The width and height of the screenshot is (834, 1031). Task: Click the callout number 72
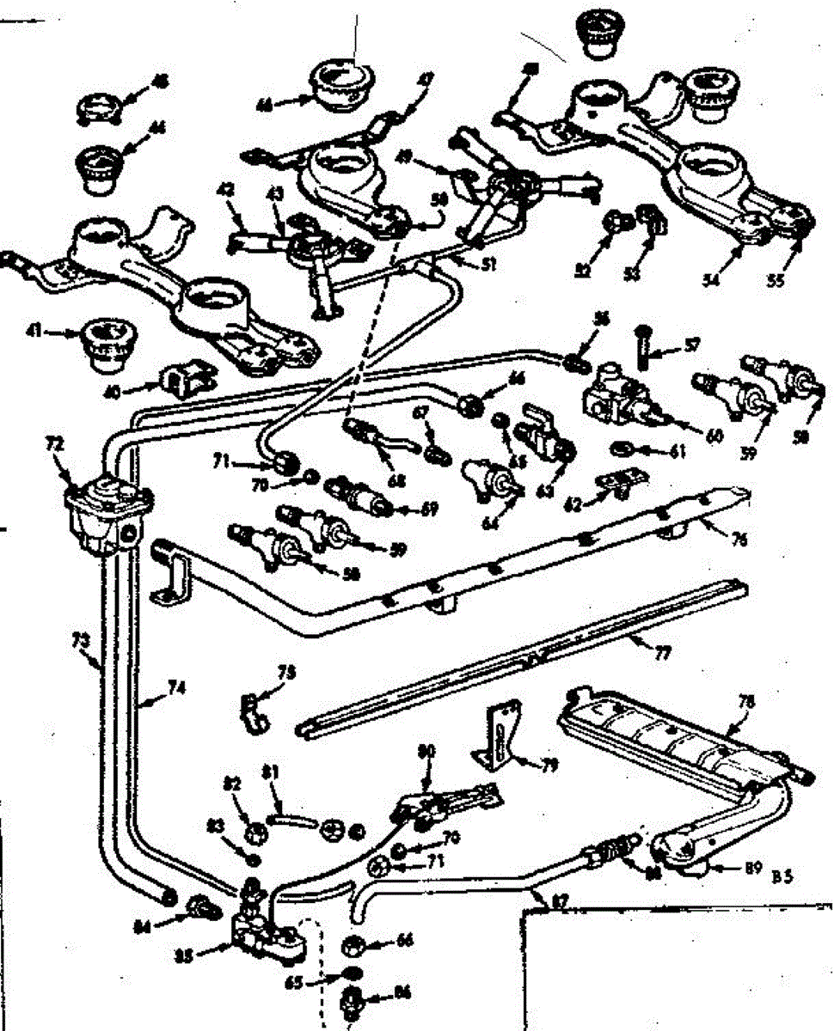point(54,444)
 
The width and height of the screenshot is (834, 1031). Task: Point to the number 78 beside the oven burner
point(746,702)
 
